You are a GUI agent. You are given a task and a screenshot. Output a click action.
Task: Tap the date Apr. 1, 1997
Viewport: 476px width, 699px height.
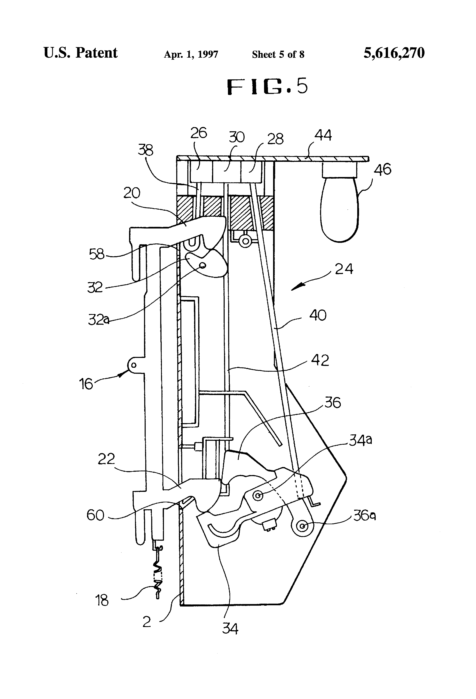click(191, 54)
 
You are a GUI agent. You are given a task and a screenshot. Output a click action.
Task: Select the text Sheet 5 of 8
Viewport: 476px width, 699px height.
click(278, 54)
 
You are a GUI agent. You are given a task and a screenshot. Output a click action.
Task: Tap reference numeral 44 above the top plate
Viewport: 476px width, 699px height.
click(323, 135)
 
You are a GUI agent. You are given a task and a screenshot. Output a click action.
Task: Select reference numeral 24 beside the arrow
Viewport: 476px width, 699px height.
click(344, 269)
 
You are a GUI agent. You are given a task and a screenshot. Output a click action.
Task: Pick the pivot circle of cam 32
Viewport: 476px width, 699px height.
click(203, 265)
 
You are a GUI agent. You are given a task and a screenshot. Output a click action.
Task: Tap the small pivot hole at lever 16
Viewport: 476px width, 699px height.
click(134, 365)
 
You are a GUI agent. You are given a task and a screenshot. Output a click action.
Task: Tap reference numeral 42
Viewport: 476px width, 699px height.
click(320, 360)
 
